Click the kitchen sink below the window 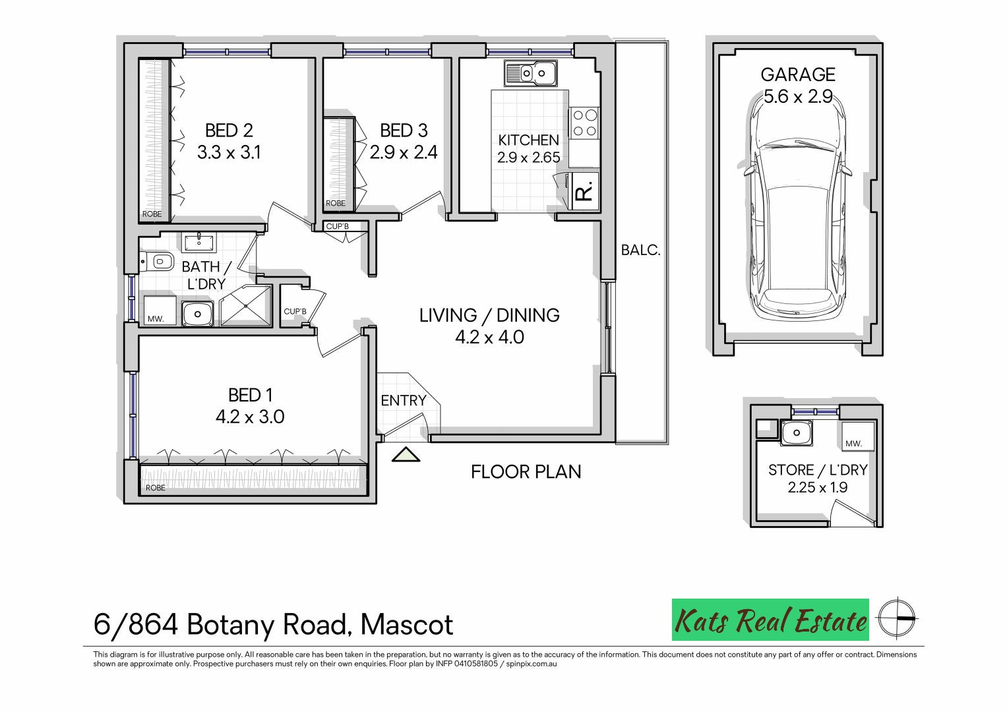(530, 73)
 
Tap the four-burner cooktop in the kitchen (584, 123)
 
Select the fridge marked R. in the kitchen (584, 191)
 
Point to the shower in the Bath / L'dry (246, 305)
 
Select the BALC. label (640, 251)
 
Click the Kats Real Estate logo (770, 620)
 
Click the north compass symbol (897, 618)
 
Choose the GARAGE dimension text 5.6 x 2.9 (798, 97)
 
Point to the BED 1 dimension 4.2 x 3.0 (250, 417)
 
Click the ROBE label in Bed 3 (336, 203)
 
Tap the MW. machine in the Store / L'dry (858, 436)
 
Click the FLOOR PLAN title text (526, 472)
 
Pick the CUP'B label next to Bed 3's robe (337, 226)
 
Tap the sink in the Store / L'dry (797, 433)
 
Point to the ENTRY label (403, 401)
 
